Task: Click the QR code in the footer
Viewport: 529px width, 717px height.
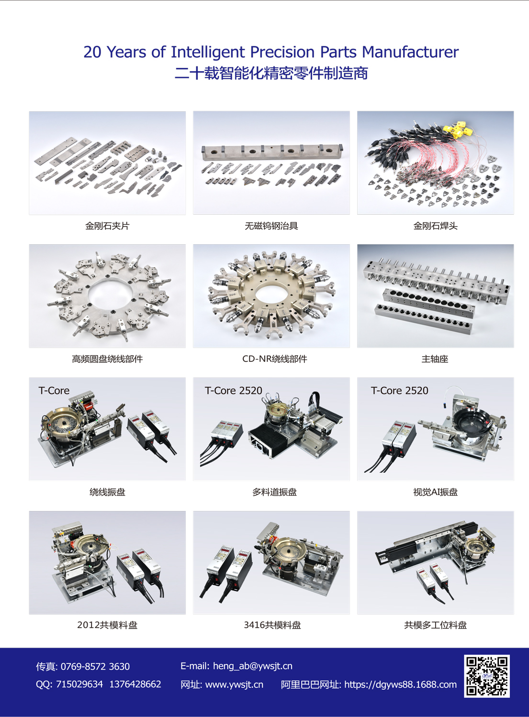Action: [x=487, y=676]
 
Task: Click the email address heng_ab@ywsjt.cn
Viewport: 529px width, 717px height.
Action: [x=253, y=666]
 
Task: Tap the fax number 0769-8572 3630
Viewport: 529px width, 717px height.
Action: [x=95, y=666]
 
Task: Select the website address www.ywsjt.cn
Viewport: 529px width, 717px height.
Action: [x=234, y=684]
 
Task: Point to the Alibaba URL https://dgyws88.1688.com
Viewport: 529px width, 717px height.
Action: [x=400, y=684]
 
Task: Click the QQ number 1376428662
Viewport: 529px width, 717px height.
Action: [x=135, y=684]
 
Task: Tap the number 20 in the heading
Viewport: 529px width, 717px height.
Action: [x=92, y=52]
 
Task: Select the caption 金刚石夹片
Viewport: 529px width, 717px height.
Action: [x=107, y=226]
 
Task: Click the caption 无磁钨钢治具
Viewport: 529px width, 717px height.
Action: [x=271, y=226]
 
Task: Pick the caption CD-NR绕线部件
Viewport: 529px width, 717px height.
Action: [x=275, y=359]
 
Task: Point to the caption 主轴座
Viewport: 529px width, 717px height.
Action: [x=435, y=359]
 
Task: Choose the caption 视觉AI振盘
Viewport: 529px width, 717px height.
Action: [x=435, y=492]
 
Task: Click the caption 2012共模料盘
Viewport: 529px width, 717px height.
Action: [x=107, y=625]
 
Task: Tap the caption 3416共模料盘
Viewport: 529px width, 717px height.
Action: [x=272, y=625]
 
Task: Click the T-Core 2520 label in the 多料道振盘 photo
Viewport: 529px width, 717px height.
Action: [x=234, y=391]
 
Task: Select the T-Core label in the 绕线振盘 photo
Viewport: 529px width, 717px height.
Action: [x=54, y=391]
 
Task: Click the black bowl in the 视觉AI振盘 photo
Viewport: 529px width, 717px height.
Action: [x=471, y=423]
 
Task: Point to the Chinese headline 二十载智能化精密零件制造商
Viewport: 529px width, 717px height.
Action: [x=271, y=73]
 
